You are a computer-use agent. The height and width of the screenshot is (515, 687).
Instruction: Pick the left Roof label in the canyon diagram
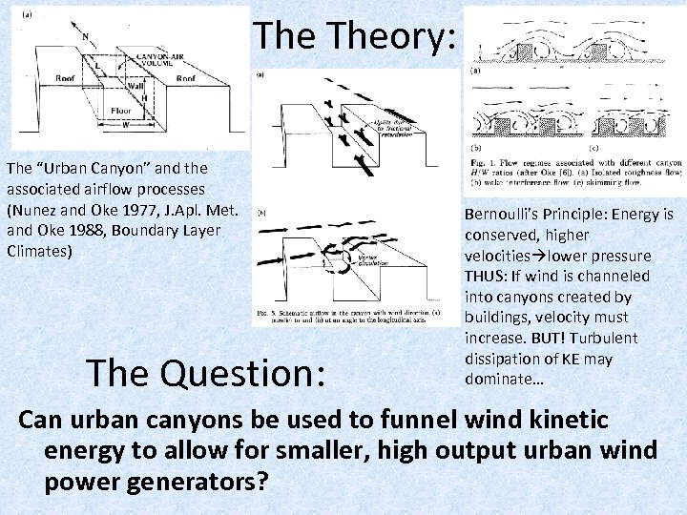click(x=66, y=78)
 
